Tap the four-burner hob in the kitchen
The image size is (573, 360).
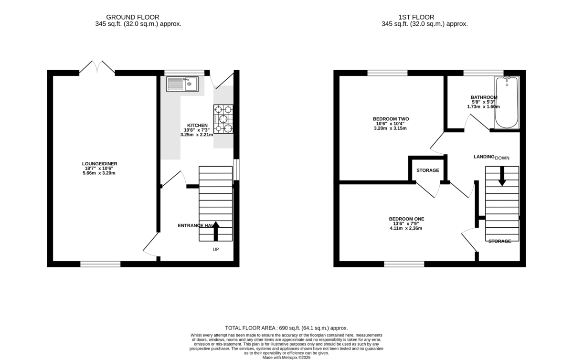223,119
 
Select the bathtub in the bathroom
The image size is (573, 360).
507,103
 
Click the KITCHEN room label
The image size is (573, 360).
197,126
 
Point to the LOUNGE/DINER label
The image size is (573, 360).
99,164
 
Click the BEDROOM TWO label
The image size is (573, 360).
391,119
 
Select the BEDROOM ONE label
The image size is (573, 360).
406,219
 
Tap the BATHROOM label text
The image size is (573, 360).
484,97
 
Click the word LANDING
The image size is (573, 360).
484,157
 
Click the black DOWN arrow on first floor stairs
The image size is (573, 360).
502,176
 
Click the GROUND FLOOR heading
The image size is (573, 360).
126,17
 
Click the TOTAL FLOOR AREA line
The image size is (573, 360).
286,328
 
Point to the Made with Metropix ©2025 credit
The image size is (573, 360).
286,357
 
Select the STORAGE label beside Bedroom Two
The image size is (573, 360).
427,170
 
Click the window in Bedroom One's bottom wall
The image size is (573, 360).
404,264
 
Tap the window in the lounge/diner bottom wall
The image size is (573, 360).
100,264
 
